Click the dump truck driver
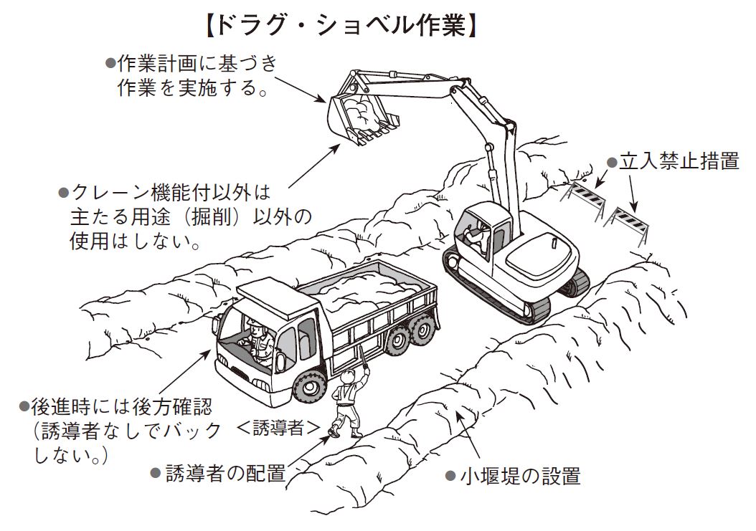pyautogui.click(x=259, y=336)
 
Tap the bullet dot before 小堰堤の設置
pyautogui.click(x=450, y=476)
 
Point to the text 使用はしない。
pyautogui.click(x=134, y=241)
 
